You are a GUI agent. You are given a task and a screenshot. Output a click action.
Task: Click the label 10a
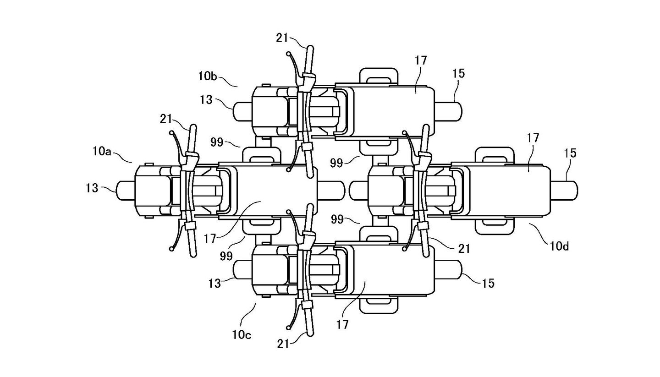(x=102, y=152)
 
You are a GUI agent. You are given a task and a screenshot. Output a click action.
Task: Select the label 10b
(x=208, y=76)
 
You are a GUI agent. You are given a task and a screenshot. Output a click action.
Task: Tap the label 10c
(x=242, y=334)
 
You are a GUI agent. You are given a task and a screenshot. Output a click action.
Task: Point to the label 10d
(x=559, y=246)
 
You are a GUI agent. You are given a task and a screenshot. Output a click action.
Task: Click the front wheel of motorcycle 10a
(x=126, y=191)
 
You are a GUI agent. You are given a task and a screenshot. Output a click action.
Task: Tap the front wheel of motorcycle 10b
(x=242, y=111)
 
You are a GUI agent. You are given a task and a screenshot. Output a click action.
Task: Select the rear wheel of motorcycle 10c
(x=448, y=270)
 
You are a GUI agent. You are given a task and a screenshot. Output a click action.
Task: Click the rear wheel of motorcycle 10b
(x=448, y=111)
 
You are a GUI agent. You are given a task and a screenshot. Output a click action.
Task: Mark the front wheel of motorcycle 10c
(x=242, y=270)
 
